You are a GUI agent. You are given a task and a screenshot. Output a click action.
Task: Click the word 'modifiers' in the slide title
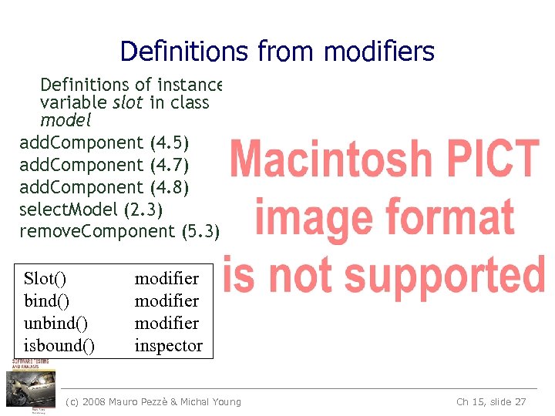[379, 52]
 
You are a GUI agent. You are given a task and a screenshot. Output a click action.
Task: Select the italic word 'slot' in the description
[128, 102]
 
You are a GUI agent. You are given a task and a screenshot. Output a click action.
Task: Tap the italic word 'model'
[66, 120]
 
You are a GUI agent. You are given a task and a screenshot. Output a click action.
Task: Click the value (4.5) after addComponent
[170, 143]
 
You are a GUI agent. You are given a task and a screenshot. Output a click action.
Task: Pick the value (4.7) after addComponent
[170, 165]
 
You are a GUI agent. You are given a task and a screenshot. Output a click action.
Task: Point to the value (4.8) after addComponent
[170, 187]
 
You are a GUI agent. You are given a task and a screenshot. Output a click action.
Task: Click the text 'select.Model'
[69, 209]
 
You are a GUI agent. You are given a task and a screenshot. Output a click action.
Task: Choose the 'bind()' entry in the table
[47, 301]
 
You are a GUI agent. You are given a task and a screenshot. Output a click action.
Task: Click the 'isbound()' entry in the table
[60, 346]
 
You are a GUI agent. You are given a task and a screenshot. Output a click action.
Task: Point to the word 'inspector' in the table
[168, 346]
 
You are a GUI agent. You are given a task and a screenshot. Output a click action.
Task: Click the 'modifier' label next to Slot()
[166, 279]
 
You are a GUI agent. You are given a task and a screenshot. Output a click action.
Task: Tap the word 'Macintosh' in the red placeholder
[332, 159]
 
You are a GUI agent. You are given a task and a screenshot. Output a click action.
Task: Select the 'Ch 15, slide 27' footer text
[491, 401]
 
